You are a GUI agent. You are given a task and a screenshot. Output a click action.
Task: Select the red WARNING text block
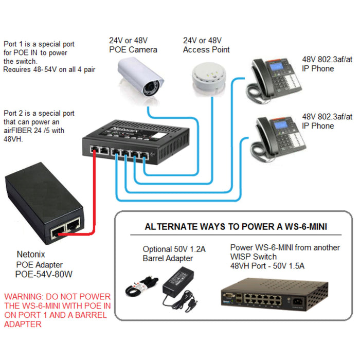click(x=57, y=310)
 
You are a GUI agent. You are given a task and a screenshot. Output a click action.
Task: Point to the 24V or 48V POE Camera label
click(x=133, y=45)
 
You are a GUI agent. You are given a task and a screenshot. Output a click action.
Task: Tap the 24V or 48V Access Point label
click(x=206, y=45)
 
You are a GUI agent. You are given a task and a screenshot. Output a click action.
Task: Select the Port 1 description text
click(x=49, y=57)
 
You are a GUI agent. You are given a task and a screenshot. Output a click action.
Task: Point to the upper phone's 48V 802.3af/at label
click(x=327, y=64)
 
